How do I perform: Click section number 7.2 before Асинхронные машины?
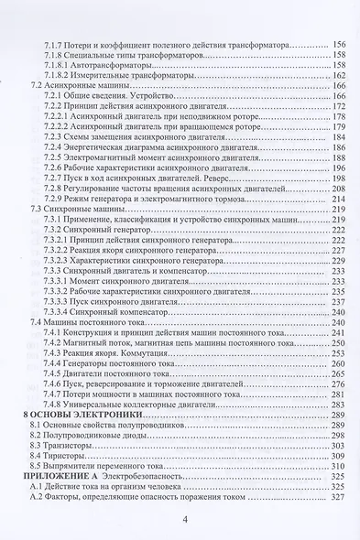37,85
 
